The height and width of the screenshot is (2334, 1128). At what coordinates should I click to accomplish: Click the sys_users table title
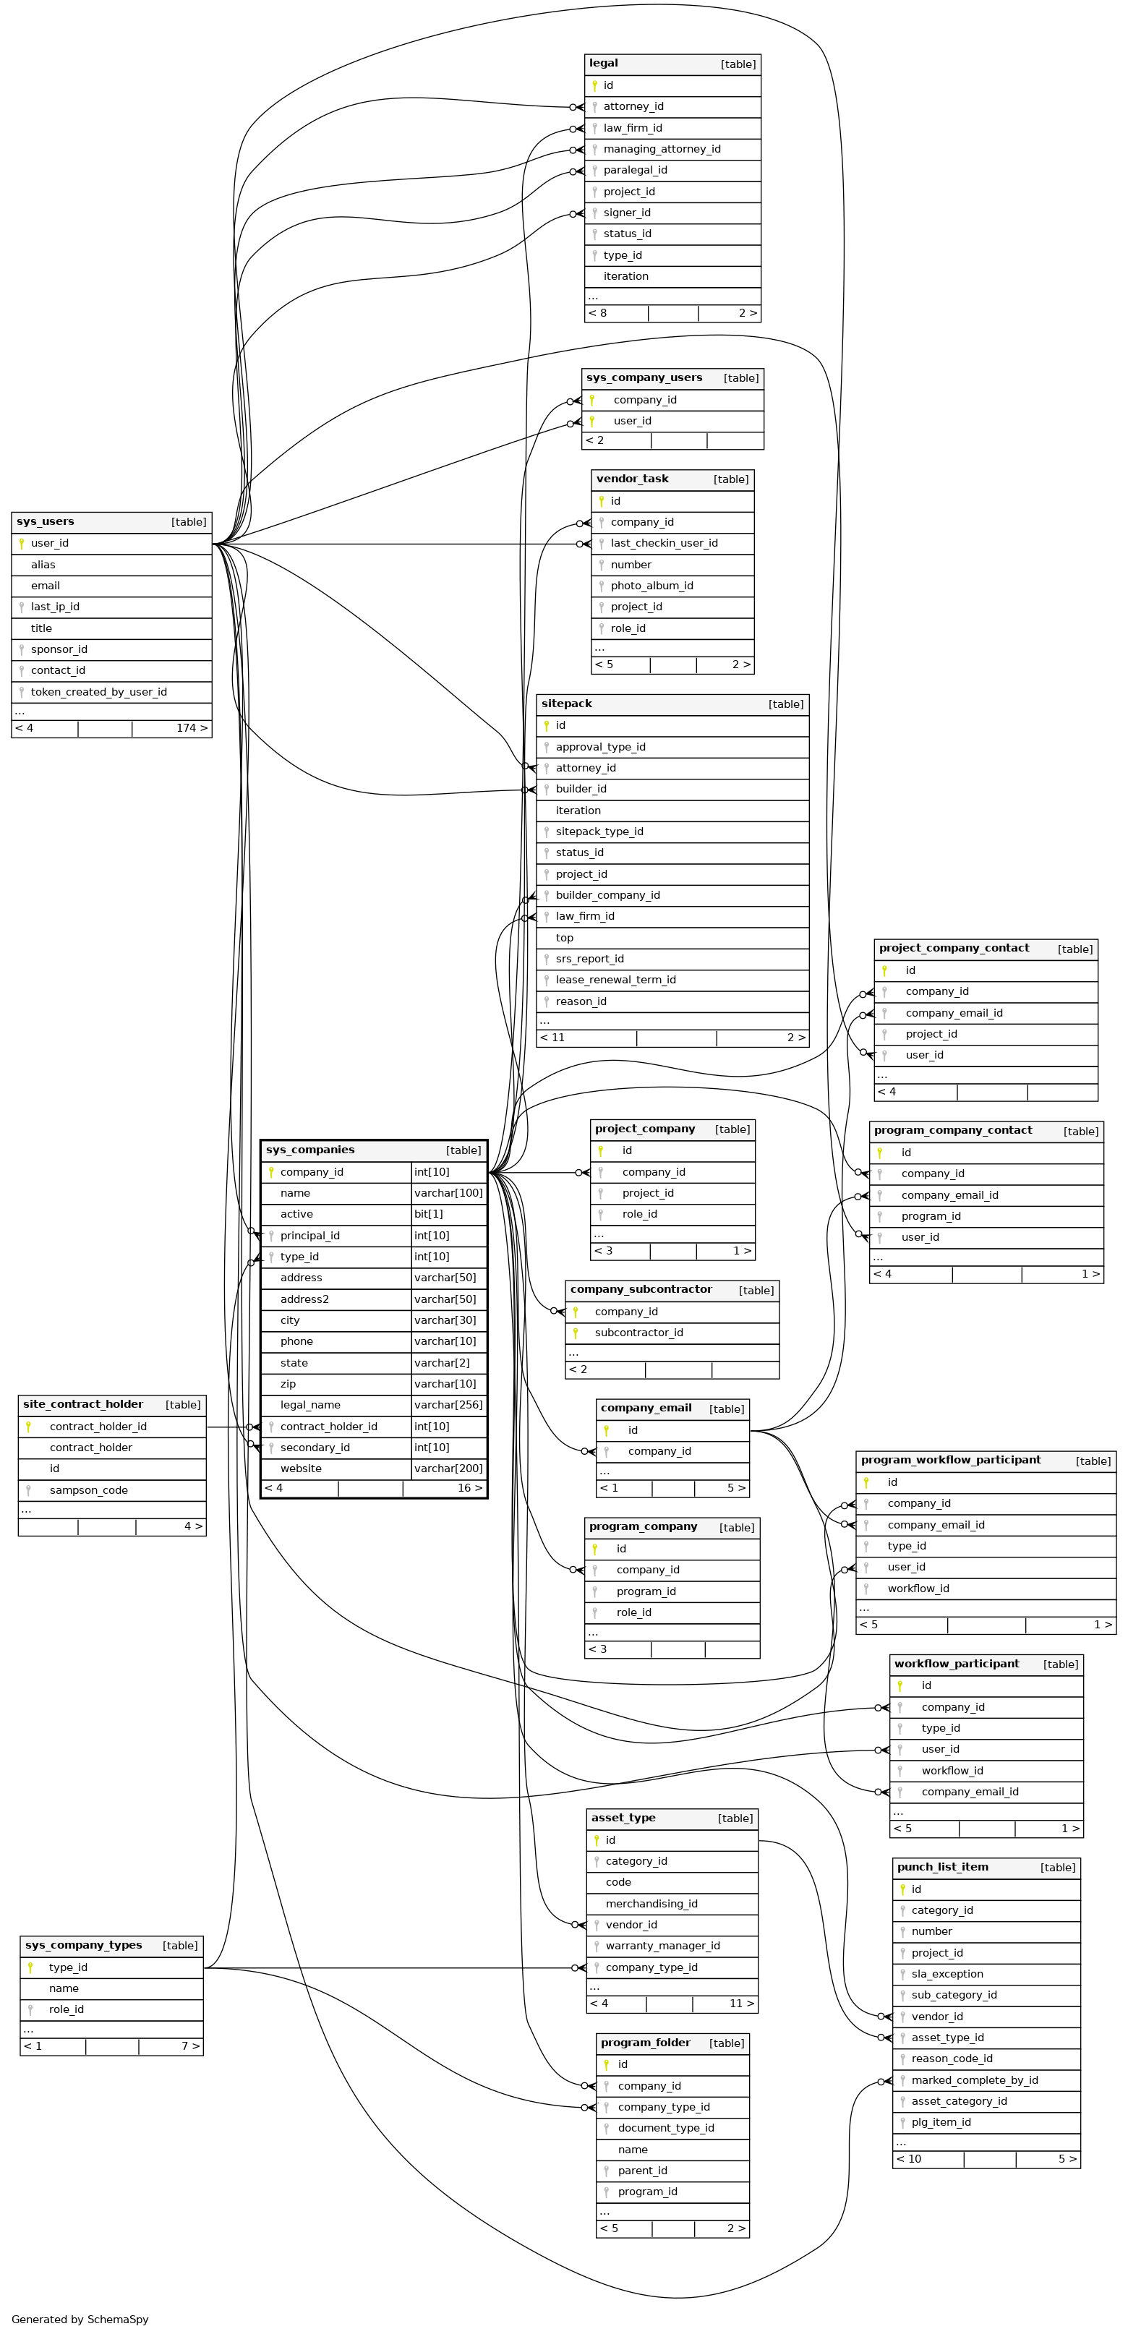coord(46,522)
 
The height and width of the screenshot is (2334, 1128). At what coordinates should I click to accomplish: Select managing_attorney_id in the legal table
coord(662,150)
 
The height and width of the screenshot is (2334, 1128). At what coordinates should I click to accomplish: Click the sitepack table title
coord(566,704)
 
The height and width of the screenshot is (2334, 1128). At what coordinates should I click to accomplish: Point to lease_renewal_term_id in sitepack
coord(615,980)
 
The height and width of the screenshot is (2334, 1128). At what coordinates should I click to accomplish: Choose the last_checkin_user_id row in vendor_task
coord(663,544)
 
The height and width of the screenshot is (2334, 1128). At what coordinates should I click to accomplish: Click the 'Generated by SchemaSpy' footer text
coord(80,2320)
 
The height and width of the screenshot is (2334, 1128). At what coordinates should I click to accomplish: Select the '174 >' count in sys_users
coord(191,728)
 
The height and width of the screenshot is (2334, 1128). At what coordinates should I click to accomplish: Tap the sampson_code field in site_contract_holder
coord(88,1490)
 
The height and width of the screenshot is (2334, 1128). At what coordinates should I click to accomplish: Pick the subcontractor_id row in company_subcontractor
coord(638,1333)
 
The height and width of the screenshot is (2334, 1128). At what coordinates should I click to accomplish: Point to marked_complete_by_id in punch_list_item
coord(974,2080)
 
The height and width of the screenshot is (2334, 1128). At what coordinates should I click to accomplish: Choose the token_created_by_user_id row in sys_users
coord(98,692)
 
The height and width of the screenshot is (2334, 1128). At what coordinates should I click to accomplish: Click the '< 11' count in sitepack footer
coord(552,1038)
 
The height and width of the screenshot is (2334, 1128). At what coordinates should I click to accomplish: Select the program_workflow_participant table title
coord(949,1461)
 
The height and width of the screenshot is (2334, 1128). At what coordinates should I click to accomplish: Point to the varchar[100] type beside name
coord(448,1193)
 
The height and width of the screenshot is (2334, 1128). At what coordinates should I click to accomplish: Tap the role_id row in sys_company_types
coord(66,2009)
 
